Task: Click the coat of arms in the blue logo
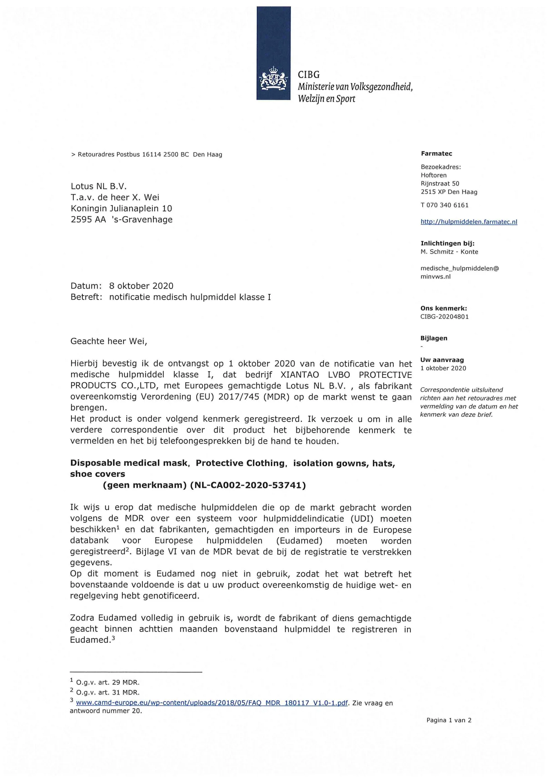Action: [273, 79]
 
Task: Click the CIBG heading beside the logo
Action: [308, 75]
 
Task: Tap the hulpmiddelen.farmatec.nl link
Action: [469, 222]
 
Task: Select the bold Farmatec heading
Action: [436, 154]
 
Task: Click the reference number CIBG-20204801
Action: [444, 316]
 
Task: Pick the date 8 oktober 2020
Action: [141, 286]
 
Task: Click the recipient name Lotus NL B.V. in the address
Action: [99, 186]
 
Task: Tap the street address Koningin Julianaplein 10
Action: [121, 208]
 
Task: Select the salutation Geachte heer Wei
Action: [109, 341]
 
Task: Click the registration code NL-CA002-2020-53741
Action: [248, 485]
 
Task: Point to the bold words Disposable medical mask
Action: [129, 463]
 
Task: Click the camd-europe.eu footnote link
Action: [211, 703]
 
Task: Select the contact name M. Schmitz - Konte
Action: [449, 252]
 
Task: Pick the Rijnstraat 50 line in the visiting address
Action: [440, 184]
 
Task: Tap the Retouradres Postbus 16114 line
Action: [147, 155]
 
